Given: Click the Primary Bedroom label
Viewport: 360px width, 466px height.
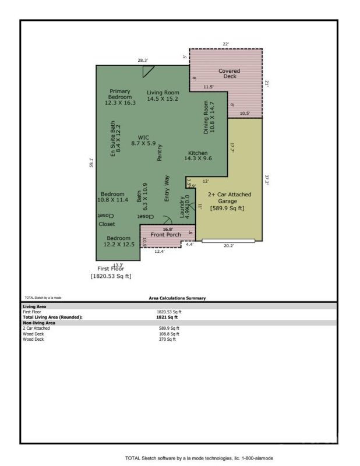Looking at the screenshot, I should tap(120, 97).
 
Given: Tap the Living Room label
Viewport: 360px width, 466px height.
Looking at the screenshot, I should tap(163, 96).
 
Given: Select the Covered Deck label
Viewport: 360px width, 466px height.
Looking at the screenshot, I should tap(229, 73).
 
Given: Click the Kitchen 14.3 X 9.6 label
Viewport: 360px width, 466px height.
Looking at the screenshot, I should tap(198, 156).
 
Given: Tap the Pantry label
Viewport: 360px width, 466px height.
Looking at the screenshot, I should tap(159, 153).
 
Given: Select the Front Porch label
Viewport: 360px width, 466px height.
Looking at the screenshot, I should tap(166, 234).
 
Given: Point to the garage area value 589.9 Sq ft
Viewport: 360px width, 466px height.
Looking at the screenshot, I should tap(227, 208).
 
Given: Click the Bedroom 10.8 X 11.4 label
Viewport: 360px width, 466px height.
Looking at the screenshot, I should tap(112, 197).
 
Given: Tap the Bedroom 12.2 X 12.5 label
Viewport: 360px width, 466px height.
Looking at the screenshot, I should tap(120, 241).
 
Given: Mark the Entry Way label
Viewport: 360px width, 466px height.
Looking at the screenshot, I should tap(167, 189).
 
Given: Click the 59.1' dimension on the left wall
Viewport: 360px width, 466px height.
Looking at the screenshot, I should tap(91, 163).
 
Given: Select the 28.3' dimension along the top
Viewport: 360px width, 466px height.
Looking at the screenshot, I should tap(143, 60).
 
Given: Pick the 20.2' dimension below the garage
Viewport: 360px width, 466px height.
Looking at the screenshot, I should tap(229, 246).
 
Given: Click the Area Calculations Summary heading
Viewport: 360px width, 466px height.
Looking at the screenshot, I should tap(177, 298).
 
